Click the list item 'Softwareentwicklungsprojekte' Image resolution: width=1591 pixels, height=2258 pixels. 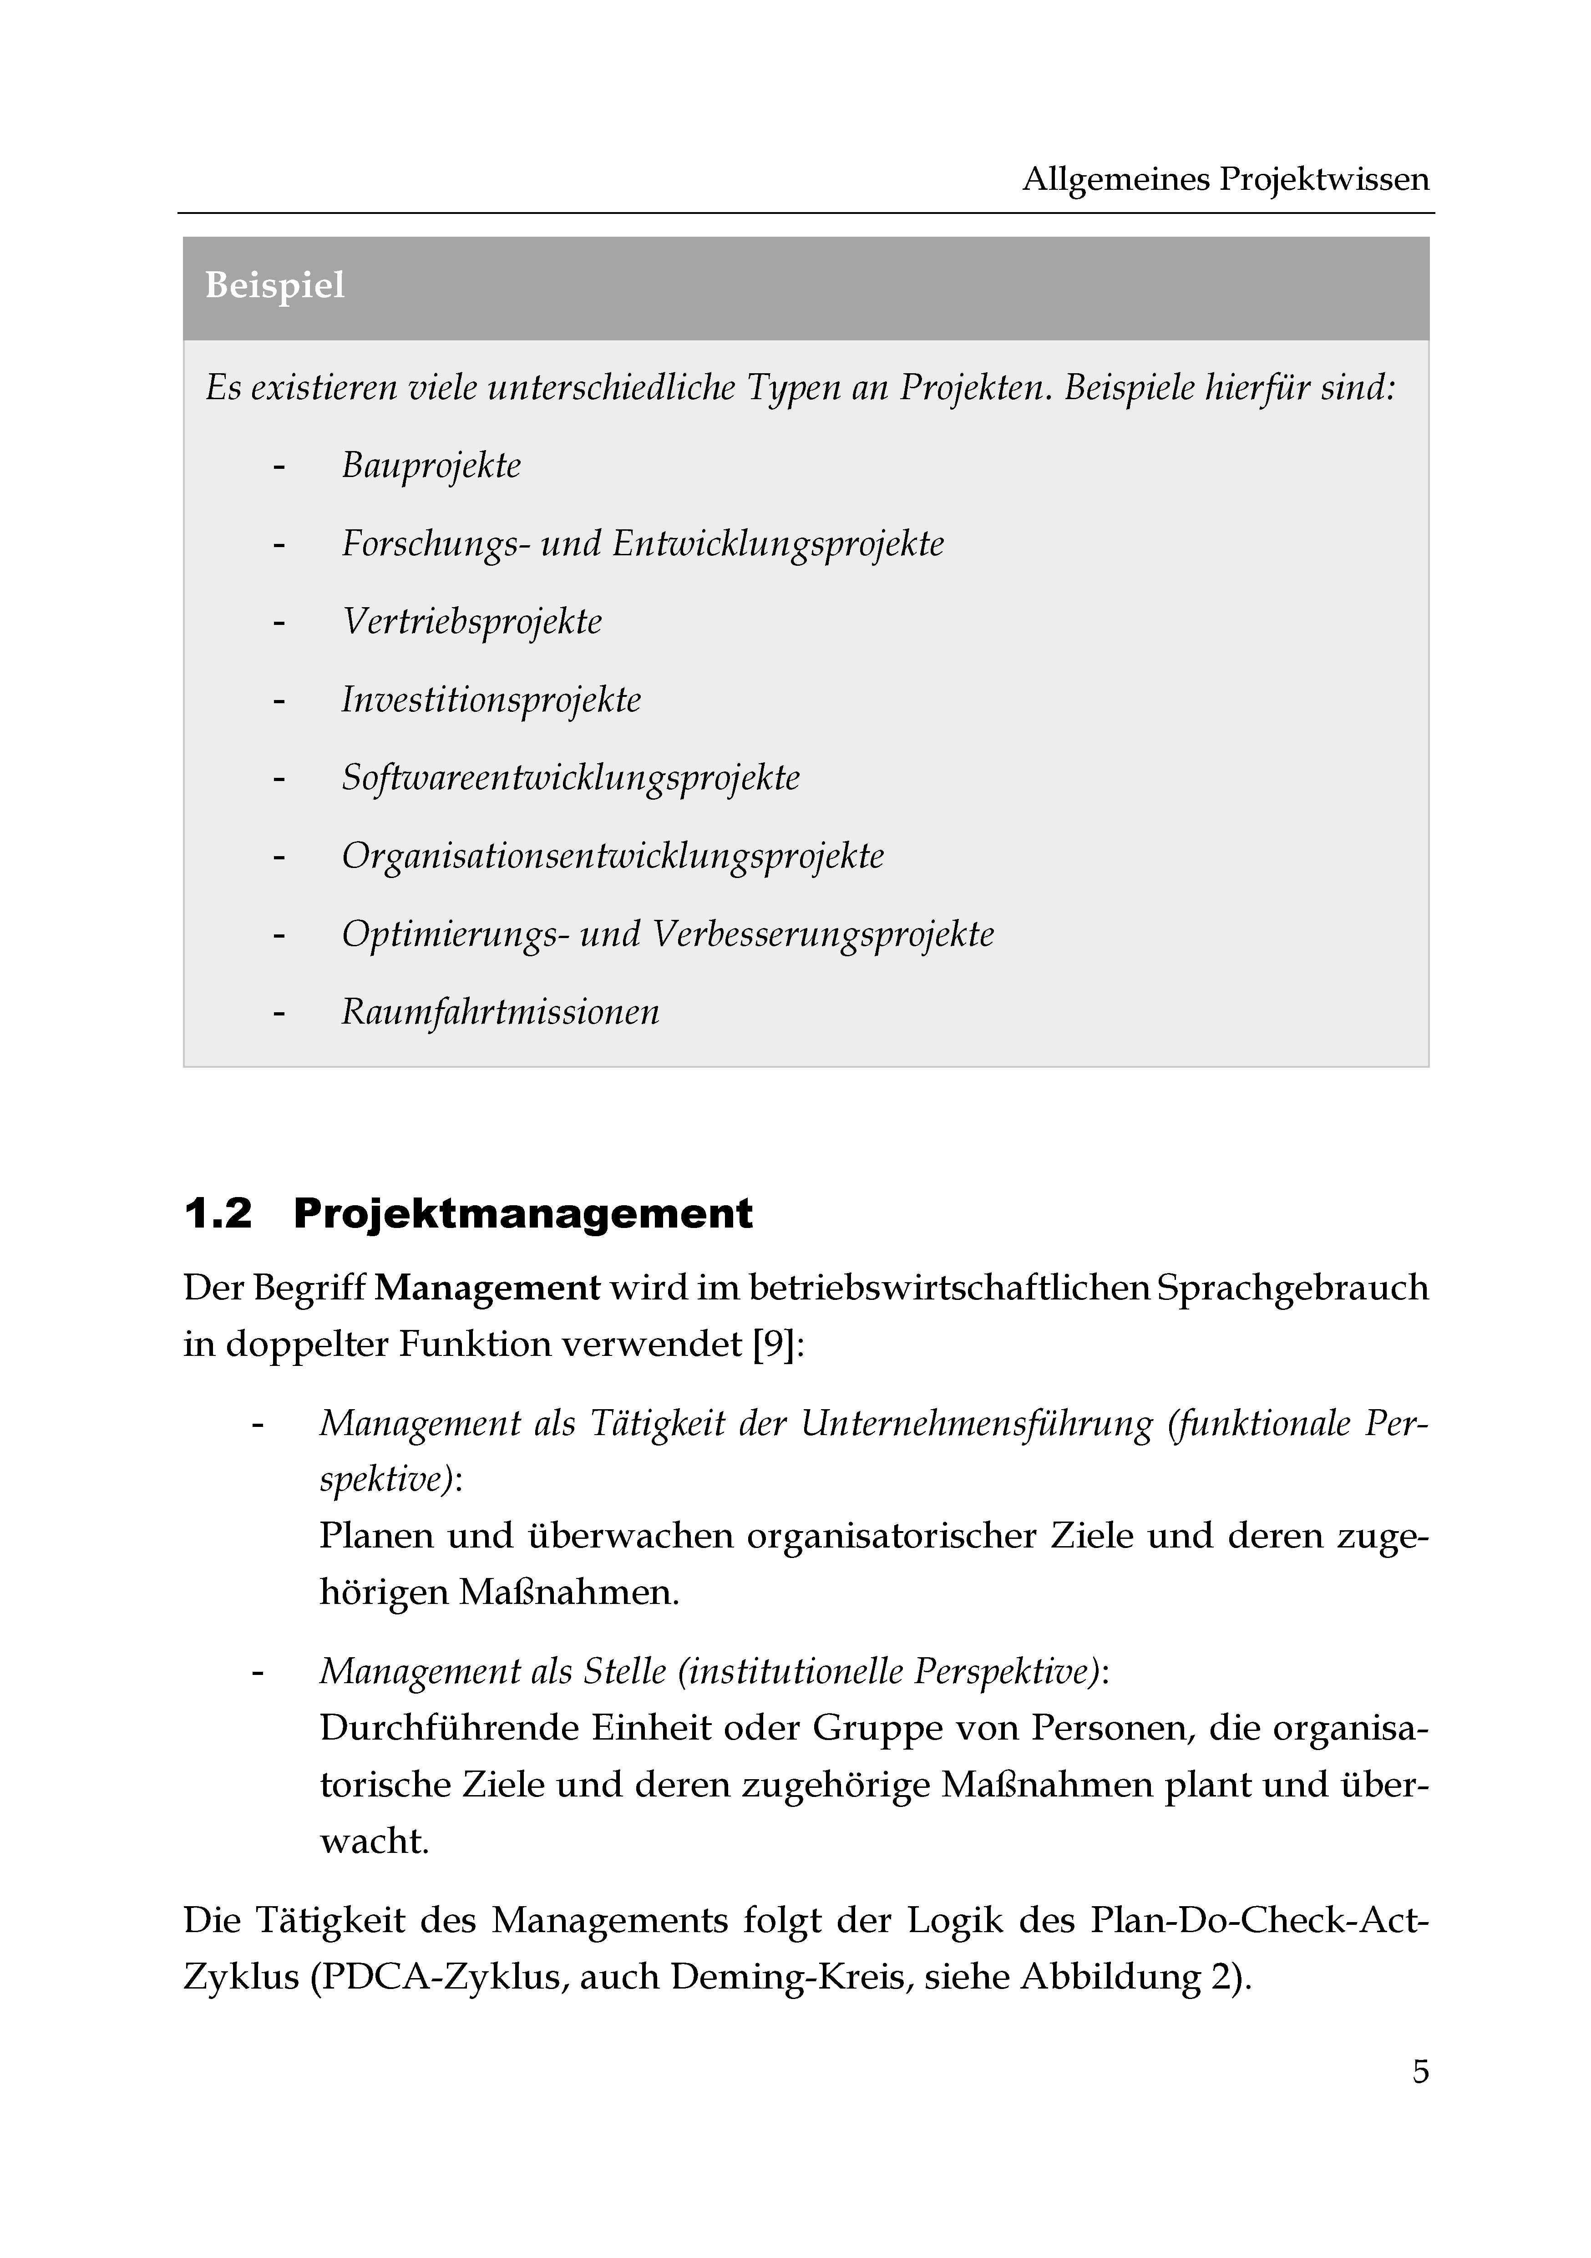coord(570,778)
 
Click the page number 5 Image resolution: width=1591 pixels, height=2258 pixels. coord(1420,2072)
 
